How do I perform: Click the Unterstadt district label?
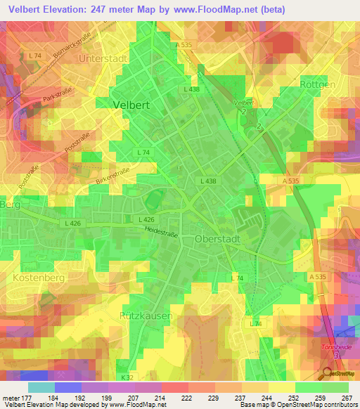[105, 58]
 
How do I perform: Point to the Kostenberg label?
[38, 278]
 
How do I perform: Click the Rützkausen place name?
[146, 316]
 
